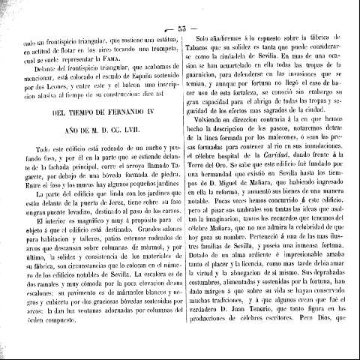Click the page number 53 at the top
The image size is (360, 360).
click(x=181, y=8)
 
